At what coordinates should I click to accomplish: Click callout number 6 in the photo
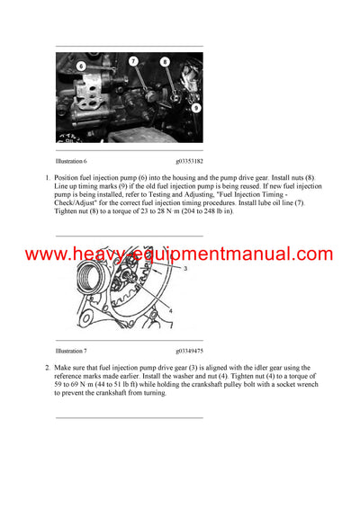coord(80,66)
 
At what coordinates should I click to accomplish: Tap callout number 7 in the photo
coord(132,60)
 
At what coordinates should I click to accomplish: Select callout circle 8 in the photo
coord(165,62)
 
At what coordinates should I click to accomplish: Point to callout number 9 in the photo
coord(196,108)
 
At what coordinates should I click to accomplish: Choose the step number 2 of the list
coord(47,369)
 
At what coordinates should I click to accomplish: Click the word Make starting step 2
coord(64,369)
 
